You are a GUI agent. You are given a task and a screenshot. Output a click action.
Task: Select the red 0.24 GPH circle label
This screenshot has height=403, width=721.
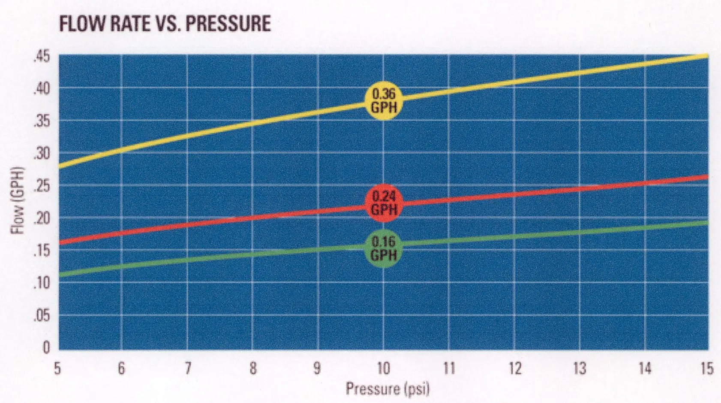point(383,203)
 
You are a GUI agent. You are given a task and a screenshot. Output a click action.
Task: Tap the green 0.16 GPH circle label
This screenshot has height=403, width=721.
point(383,248)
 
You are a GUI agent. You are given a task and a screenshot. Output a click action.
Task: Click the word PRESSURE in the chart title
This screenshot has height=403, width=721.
point(228,23)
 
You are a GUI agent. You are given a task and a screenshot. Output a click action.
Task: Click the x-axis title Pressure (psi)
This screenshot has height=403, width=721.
point(387,389)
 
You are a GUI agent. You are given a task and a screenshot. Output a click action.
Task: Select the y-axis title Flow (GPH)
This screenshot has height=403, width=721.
point(18,200)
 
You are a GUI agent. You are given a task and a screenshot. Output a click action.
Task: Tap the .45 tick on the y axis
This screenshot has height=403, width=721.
point(42,57)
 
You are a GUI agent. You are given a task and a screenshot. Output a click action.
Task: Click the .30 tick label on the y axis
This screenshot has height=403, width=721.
point(42,154)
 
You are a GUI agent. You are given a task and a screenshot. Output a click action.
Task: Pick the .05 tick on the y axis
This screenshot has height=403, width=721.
point(42,316)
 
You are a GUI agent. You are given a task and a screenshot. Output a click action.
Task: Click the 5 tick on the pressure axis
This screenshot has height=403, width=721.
point(57,369)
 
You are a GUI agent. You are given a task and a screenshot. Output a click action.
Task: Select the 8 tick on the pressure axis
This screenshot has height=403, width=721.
point(253,369)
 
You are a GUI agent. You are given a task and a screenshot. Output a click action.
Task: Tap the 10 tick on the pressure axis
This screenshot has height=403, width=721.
point(383,369)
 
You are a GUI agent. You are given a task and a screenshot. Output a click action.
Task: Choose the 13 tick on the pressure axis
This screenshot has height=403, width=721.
point(580,369)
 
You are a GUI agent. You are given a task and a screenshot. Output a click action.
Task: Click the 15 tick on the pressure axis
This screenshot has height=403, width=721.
point(706,369)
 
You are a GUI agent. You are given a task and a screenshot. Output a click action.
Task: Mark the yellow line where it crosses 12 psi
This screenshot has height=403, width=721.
point(514,82)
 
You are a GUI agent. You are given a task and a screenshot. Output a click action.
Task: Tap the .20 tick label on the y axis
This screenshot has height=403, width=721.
point(42,218)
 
